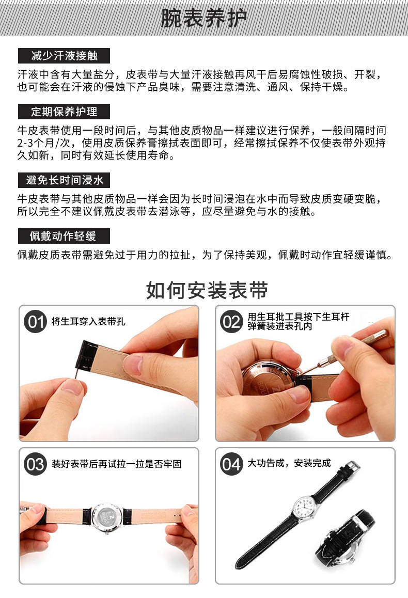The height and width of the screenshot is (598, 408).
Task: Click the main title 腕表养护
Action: point(204,18)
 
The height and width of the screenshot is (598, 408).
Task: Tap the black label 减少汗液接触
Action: point(64,56)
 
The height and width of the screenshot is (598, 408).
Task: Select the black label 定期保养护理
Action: point(64,112)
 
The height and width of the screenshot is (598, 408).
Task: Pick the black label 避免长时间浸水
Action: point(64,180)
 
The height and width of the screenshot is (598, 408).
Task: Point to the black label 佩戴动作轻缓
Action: point(64,236)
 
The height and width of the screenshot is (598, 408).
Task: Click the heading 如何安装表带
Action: point(207,290)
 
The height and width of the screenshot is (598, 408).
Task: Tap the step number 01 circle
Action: point(36,322)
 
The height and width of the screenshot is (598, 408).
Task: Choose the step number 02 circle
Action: point(231,322)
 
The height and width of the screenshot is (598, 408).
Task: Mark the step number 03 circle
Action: point(36,464)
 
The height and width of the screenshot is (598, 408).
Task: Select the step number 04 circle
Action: point(231,464)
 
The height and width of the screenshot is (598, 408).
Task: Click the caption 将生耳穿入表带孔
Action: point(88,322)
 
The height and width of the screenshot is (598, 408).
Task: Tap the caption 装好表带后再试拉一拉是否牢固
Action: point(117,464)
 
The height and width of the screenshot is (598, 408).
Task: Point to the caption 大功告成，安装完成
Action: point(289,463)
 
